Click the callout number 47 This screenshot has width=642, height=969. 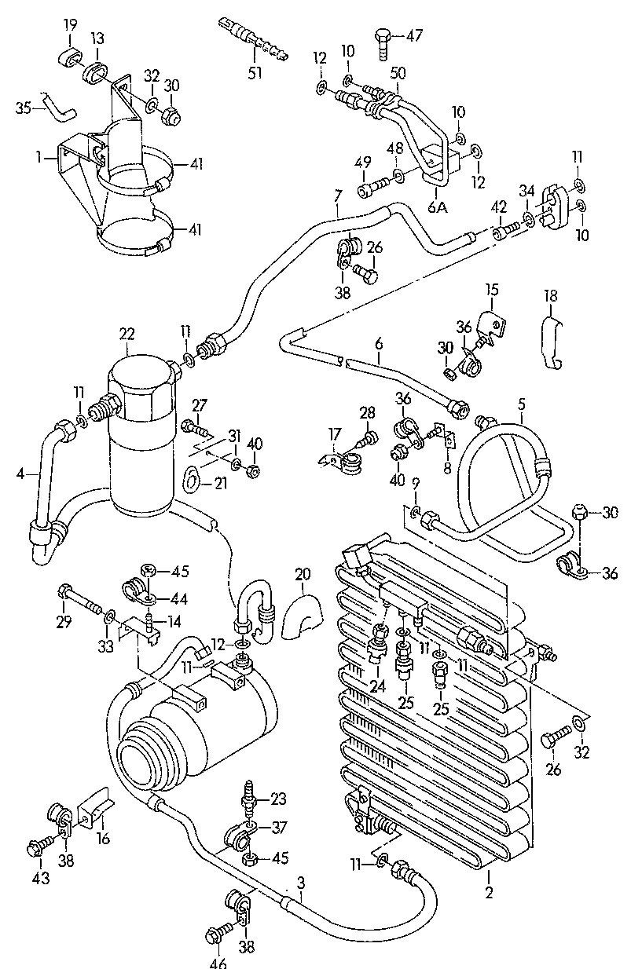pyautogui.click(x=413, y=35)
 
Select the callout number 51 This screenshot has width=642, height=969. pyautogui.click(x=255, y=73)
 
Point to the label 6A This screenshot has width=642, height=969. pyautogui.click(x=438, y=207)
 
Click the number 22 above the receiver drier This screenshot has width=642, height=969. pyautogui.click(x=127, y=335)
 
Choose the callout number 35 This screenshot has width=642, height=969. pyautogui.click(x=24, y=108)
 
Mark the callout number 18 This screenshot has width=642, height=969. pyautogui.click(x=550, y=296)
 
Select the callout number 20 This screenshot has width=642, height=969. pyautogui.click(x=303, y=575)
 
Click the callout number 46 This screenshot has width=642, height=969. pyautogui.click(x=218, y=961)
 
